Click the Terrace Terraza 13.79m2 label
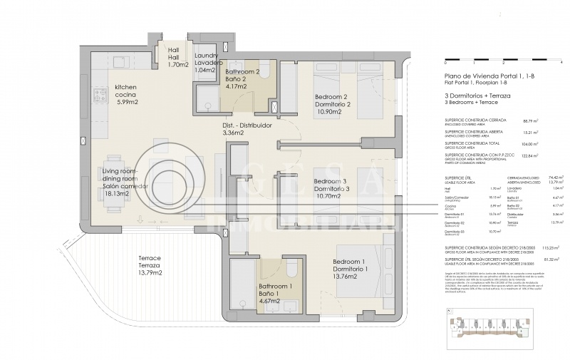(x=140, y=265)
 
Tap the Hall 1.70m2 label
(x=177, y=58)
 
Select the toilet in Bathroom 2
(x=263, y=71)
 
